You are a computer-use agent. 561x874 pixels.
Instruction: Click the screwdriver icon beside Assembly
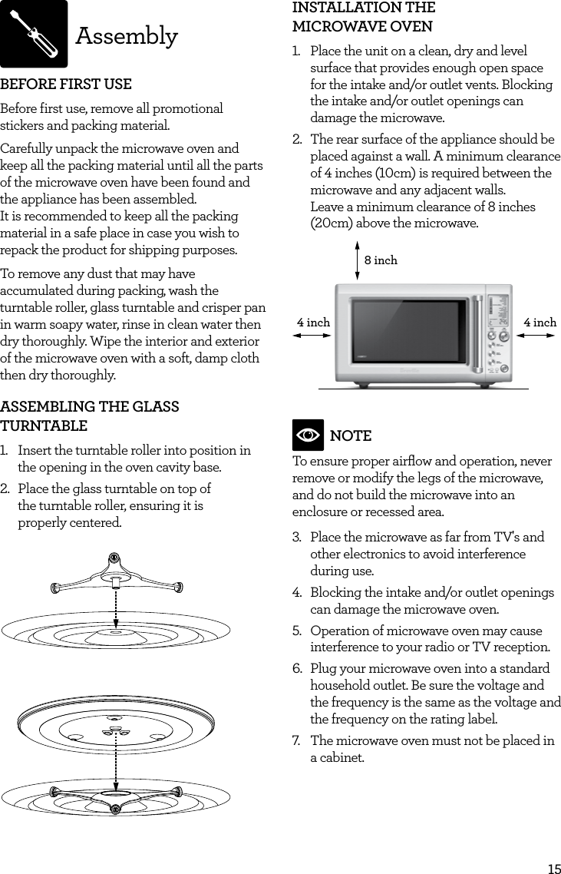click(x=34, y=35)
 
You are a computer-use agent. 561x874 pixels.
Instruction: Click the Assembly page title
click(x=127, y=36)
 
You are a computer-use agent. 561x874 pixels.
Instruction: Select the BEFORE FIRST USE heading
click(x=66, y=84)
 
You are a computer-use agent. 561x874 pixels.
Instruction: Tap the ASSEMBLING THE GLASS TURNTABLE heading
click(x=90, y=415)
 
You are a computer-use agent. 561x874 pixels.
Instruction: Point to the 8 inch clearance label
click(x=381, y=260)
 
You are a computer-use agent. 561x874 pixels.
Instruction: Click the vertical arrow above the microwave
click(x=358, y=260)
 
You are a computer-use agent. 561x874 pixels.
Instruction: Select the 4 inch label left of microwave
click(x=313, y=323)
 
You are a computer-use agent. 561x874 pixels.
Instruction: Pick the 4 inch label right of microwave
click(x=540, y=323)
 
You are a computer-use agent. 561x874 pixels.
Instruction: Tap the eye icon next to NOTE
click(x=308, y=435)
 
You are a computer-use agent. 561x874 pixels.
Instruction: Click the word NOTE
click(x=350, y=436)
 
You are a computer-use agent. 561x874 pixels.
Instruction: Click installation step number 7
click(x=296, y=741)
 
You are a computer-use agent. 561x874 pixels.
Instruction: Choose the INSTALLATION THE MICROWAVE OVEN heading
click(x=364, y=18)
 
